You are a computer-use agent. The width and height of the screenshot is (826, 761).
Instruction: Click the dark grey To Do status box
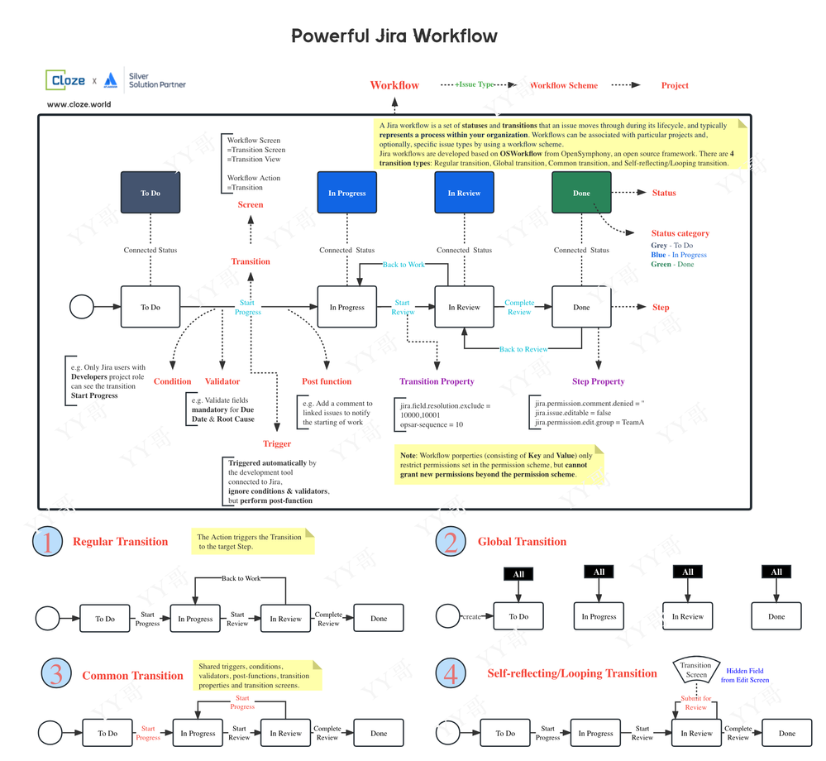pyautogui.click(x=150, y=193)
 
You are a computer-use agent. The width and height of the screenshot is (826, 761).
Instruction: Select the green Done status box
pyautogui.click(x=581, y=193)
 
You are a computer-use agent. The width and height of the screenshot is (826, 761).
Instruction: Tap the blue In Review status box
pyautogui.click(x=464, y=193)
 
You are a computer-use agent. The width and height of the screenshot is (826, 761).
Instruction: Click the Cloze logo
pyautogui.click(x=66, y=80)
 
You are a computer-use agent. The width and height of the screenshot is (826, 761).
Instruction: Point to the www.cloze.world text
pyautogui.click(x=79, y=105)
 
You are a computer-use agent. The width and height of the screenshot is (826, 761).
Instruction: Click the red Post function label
pyautogui.click(x=327, y=381)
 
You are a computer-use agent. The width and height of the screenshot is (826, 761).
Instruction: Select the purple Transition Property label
pyautogui.click(x=437, y=381)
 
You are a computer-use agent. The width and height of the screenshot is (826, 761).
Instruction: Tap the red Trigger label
pyautogui.click(x=277, y=444)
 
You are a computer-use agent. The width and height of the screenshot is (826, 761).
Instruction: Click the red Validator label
pyautogui.click(x=222, y=381)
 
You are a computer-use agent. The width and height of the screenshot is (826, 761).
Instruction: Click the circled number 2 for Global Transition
pyautogui.click(x=451, y=542)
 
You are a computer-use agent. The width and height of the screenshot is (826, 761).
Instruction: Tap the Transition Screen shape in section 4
pyautogui.click(x=695, y=670)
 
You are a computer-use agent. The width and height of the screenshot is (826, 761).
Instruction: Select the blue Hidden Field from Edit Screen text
pyautogui.click(x=747, y=675)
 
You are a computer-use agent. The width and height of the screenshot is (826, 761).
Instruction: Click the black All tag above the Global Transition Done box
pyautogui.click(x=776, y=572)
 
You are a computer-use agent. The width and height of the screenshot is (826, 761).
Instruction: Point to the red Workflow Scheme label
pyautogui.click(x=563, y=85)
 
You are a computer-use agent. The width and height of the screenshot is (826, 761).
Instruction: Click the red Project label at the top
pyautogui.click(x=675, y=85)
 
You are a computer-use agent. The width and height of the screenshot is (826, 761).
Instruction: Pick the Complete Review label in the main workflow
pyautogui.click(x=519, y=307)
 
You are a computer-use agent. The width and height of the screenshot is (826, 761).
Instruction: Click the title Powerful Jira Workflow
pyautogui.click(x=394, y=36)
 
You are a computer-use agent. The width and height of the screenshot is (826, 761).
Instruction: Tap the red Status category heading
pyautogui.click(x=680, y=233)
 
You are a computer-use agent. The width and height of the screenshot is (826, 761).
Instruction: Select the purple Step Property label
pyautogui.click(x=598, y=381)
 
